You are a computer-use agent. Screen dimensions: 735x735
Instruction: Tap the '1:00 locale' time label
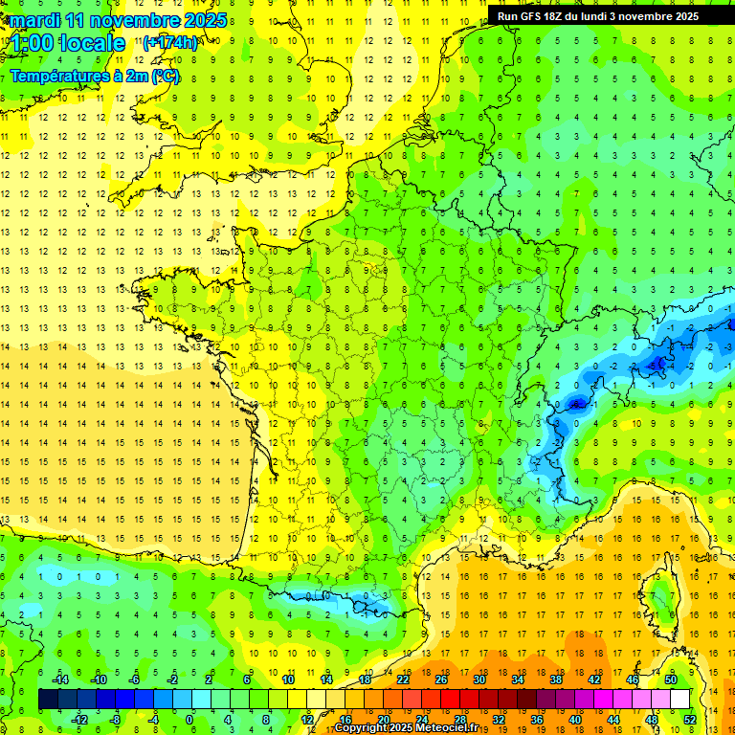pos(68,43)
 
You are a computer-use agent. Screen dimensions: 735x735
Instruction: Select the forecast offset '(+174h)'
pos(170,43)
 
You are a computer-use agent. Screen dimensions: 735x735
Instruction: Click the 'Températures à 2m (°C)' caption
pos(95,76)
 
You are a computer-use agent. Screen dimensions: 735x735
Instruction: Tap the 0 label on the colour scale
pos(189,719)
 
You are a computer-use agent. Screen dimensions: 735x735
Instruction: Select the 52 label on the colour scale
pos(690,719)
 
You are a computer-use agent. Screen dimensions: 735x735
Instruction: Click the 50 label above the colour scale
pos(671,679)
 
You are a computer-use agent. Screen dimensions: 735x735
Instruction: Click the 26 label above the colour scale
pos(441,679)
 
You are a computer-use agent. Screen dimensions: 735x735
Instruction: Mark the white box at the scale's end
pos(679,700)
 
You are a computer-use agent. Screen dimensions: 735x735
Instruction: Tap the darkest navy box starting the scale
pos(48,700)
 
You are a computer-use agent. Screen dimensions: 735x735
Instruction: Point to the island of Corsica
pos(660,598)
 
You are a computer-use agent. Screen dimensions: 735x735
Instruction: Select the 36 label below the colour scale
pos(537,719)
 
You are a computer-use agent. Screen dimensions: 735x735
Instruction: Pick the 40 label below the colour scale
pos(575,719)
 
